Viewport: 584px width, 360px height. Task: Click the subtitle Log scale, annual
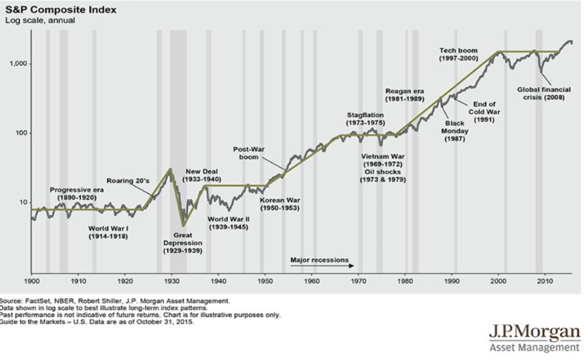40,20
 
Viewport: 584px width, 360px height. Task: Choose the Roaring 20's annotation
128,181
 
